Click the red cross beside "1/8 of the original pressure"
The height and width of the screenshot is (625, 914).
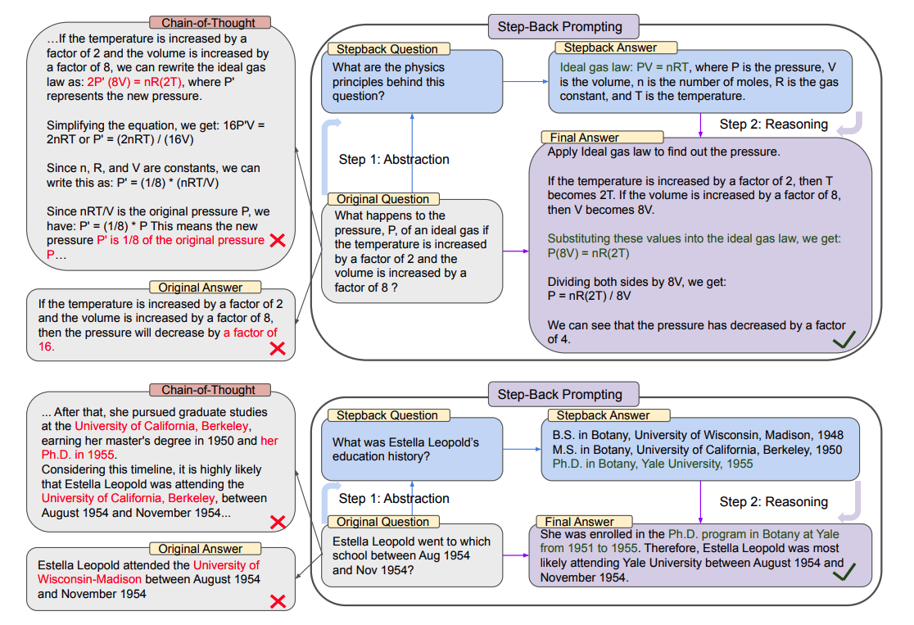point(278,240)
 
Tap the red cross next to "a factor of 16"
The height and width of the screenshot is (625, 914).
point(278,348)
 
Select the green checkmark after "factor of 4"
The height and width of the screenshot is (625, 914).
point(844,339)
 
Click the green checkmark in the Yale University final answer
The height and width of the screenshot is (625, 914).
point(844,571)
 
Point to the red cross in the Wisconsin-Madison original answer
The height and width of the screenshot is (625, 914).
point(278,601)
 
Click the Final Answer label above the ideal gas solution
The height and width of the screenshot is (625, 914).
point(582,138)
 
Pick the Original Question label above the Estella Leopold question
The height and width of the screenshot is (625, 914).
point(382,522)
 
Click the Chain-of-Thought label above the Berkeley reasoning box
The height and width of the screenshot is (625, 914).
point(209,391)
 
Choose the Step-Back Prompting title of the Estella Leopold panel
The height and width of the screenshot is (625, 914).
point(559,394)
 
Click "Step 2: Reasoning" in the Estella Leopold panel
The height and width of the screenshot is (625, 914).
point(774,501)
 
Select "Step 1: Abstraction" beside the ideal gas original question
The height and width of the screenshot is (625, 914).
point(394,159)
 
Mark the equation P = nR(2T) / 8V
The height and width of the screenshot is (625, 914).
point(590,296)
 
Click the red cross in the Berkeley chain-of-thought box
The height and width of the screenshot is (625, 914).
point(278,521)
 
